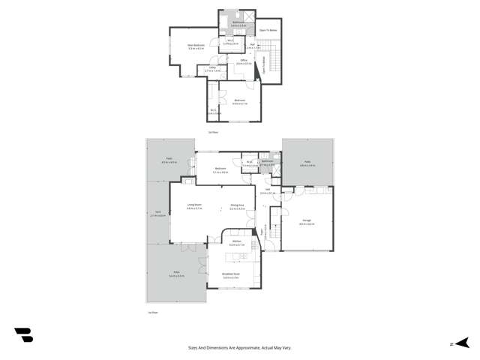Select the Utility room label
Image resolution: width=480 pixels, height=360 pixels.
[207, 69]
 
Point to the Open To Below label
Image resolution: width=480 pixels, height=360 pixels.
[268, 31]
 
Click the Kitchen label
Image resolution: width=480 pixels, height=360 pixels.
[235, 243]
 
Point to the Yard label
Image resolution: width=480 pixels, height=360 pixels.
[158, 212]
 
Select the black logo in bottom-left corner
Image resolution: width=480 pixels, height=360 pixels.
[23, 335]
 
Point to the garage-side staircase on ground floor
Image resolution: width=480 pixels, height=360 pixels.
[270, 232]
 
